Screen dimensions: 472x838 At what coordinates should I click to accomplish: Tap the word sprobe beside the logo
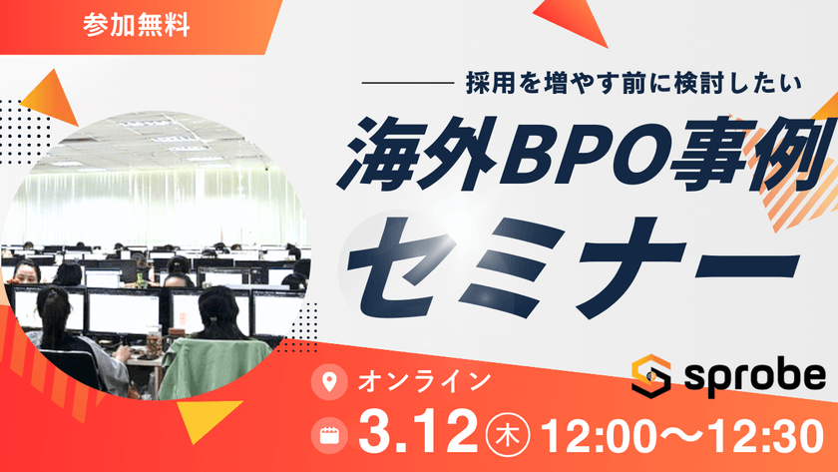click(x=754, y=376)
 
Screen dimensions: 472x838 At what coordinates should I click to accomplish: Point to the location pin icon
click(x=324, y=381)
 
